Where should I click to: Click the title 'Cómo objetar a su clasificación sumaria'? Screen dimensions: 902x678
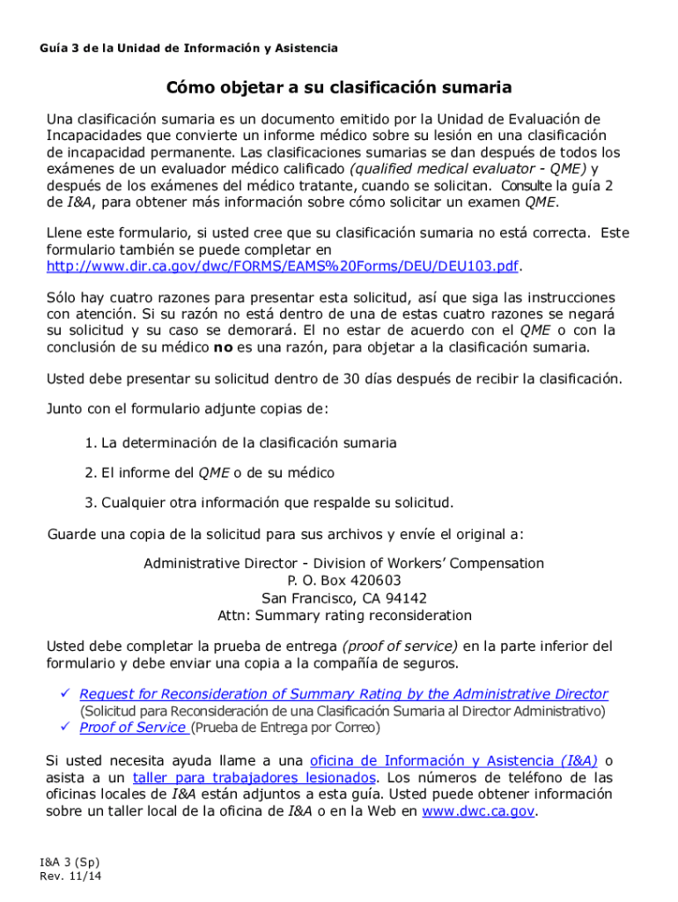(x=339, y=88)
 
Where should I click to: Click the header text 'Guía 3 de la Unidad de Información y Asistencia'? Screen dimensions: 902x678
(x=188, y=48)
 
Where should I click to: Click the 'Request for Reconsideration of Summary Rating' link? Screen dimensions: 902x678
(x=343, y=694)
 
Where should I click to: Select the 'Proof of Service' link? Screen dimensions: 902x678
(x=132, y=728)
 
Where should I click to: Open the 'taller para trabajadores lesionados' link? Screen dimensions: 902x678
(x=254, y=778)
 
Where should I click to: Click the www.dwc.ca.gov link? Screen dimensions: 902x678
(x=478, y=811)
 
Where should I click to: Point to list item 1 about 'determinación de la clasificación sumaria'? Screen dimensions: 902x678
(x=240, y=443)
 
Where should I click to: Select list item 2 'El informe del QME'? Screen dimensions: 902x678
(x=210, y=473)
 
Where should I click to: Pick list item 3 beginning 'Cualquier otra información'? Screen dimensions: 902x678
(x=269, y=503)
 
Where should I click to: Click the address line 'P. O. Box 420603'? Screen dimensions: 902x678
(x=343, y=580)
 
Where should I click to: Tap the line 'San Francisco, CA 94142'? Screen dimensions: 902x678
(x=343, y=598)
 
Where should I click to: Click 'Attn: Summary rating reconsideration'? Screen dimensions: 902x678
(x=343, y=616)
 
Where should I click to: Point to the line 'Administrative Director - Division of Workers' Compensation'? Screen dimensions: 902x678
(x=343, y=563)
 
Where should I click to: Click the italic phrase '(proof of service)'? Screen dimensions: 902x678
(x=400, y=646)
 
